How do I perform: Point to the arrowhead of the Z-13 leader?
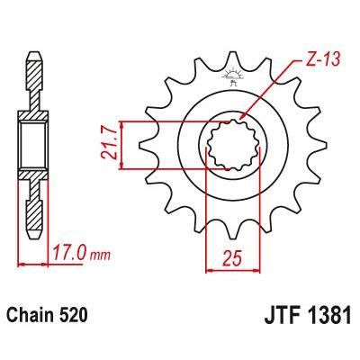pos(245,121)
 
